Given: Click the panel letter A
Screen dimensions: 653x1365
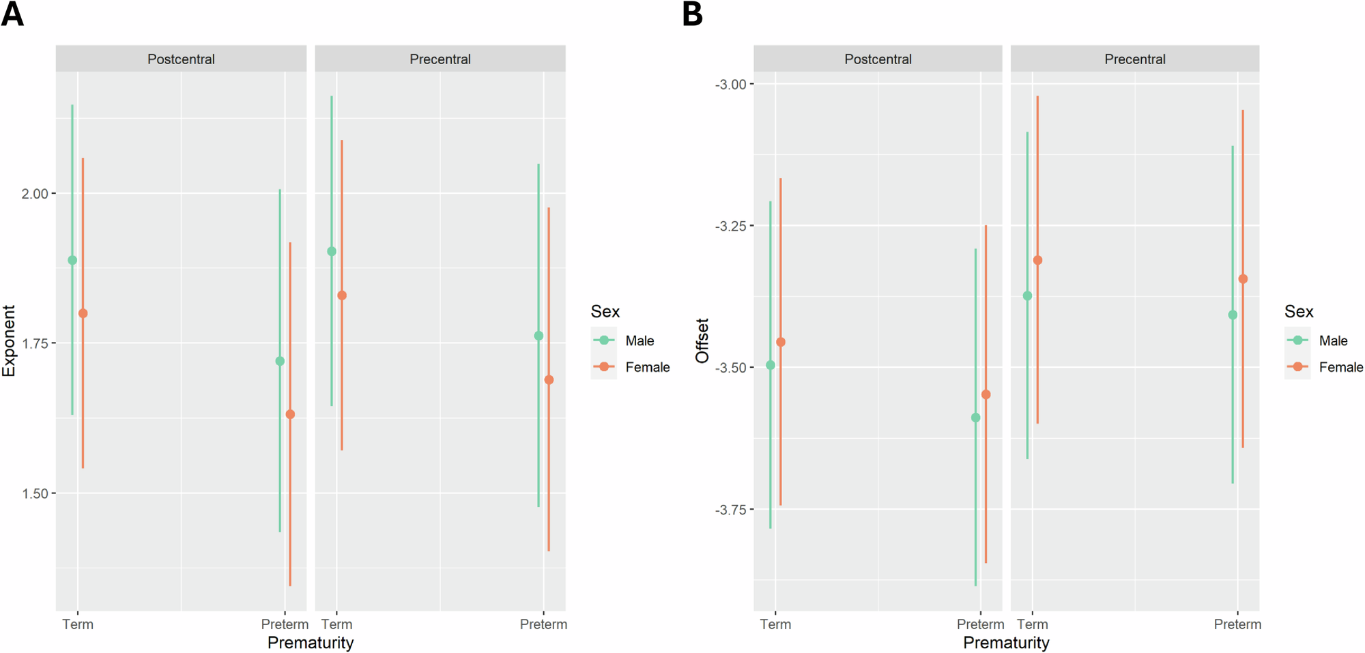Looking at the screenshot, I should click(12, 14).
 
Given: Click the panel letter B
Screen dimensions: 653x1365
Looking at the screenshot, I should click(692, 14).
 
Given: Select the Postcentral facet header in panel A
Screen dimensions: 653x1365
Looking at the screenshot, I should click(181, 59).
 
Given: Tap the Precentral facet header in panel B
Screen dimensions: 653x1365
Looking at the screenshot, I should click(1134, 59).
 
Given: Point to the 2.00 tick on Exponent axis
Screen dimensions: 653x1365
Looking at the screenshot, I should click(35, 194).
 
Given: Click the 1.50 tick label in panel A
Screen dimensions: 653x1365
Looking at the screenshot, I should click(35, 493).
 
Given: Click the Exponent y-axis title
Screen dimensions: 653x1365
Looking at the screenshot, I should click(9, 340).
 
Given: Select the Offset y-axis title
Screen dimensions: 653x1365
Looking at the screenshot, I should click(702, 340).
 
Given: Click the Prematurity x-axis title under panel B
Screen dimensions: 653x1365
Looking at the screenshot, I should click(1006, 643).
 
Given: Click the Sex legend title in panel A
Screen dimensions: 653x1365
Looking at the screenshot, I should click(605, 312).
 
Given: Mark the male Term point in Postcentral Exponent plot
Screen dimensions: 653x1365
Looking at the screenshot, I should click(72, 260).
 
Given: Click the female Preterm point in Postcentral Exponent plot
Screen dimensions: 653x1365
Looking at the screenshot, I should click(290, 414).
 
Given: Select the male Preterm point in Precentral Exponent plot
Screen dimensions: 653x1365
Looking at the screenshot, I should click(538, 336).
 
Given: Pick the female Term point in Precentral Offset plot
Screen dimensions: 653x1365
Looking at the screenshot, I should click(1037, 260).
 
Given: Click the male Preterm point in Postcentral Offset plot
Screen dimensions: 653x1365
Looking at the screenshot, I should click(975, 418).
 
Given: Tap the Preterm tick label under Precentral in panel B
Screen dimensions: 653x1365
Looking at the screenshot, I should click(1237, 624).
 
